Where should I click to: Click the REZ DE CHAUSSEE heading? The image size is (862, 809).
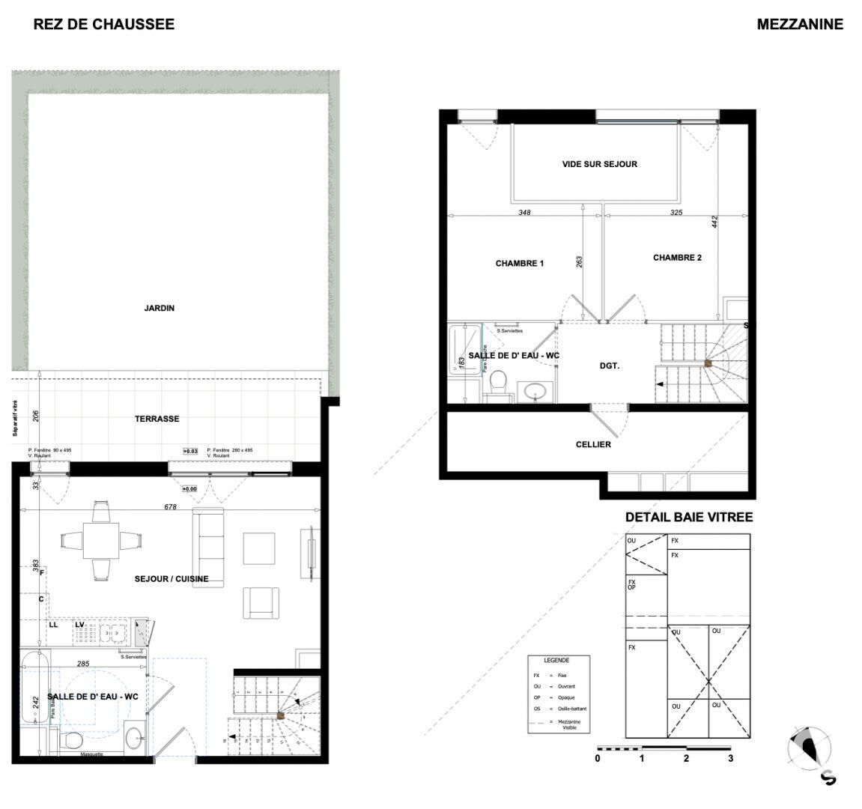(x=104, y=24)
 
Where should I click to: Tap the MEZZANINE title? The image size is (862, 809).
(x=799, y=24)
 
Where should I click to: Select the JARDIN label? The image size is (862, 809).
(x=160, y=308)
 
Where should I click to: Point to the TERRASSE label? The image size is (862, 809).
(x=157, y=419)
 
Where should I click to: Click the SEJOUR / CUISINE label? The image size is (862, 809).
(x=172, y=579)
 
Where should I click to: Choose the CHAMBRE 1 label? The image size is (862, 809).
(x=519, y=264)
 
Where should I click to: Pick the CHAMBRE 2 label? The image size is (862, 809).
(x=677, y=258)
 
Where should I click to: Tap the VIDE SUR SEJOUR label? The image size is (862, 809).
(x=599, y=164)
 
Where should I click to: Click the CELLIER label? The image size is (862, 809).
(x=593, y=444)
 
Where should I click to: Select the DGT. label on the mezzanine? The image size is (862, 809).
(x=610, y=366)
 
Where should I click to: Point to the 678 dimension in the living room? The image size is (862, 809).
(x=170, y=507)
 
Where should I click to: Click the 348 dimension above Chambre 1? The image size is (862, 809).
(x=524, y=213)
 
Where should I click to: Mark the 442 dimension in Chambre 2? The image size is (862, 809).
(x=715, y=222)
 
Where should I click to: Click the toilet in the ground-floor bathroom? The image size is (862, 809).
(x=72, y=740)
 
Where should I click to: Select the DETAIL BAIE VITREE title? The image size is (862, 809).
(x=688, y=518)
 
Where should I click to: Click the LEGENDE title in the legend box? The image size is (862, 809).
(x=556, y=661)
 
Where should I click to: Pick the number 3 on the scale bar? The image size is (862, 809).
(x=730, y=758)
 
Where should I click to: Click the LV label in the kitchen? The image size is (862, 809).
(x=79, y=624)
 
